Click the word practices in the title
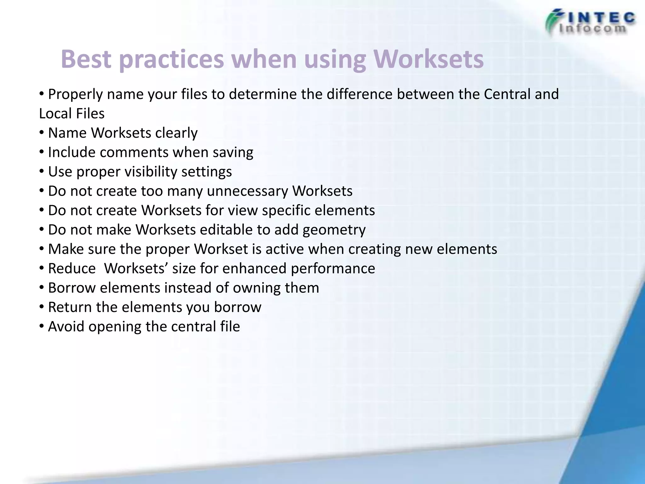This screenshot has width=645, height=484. pyautogui.click(x=171, y=60)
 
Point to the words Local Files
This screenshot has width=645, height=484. pyautogui.click(x=72, y=113)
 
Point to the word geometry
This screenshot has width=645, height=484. pyautogui.click(x=334, y=230)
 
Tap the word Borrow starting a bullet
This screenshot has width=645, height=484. pyautogui.click(x=71, y=288)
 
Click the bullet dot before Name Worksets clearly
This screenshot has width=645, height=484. pyautogui.click(x=42, y=133)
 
